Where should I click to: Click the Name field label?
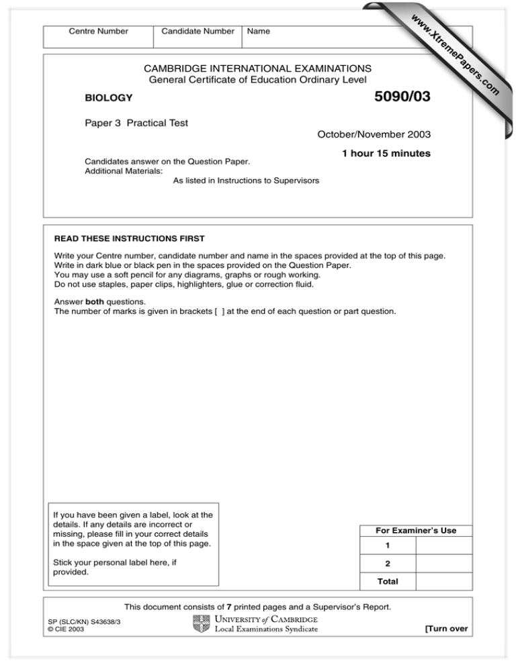tap(259, 31)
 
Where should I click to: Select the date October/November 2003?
tap(374, 134)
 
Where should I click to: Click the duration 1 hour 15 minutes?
tap(386, 154)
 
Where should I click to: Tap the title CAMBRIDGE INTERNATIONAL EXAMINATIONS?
tap(257, 68)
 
